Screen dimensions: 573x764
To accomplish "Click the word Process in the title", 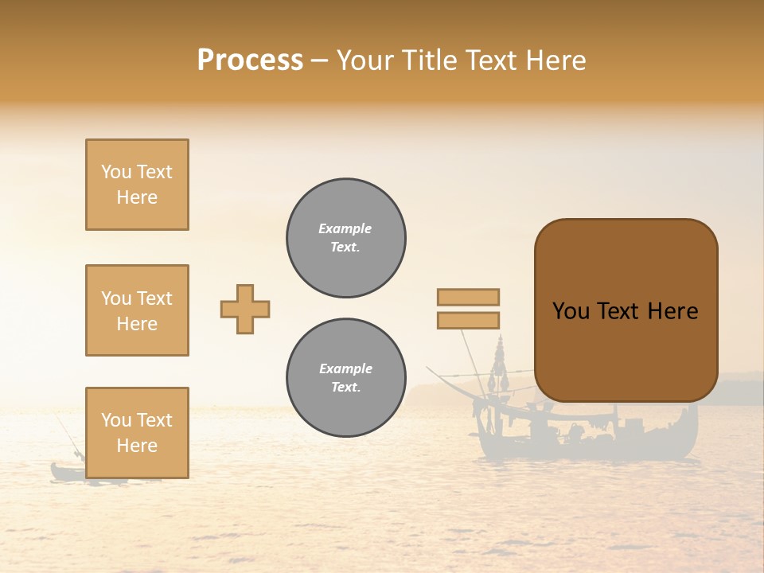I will [250, 60].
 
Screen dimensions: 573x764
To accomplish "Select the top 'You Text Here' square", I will [137, 185].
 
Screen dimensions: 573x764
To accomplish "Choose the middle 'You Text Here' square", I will [137, 310].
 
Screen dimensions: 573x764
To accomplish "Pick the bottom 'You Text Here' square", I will [137, 432].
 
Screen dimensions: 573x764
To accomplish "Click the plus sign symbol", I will [245, 309].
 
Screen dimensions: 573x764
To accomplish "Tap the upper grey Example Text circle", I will [346, 238].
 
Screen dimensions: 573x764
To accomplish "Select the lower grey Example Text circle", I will [346, 378].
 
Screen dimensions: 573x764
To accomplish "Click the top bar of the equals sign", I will [468, 297].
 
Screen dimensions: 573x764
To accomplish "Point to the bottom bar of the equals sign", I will [468, 320].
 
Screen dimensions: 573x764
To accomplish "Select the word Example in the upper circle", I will [345, 228].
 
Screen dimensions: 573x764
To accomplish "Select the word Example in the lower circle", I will [345, 368].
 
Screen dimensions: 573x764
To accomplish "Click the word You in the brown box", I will [570, 311].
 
